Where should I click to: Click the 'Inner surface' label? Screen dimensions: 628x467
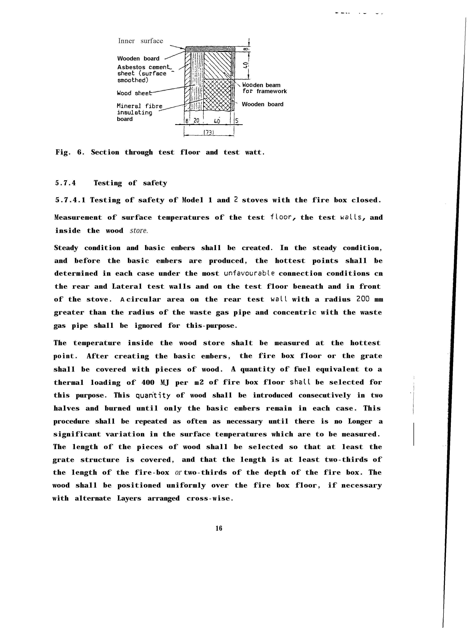click(141, 41)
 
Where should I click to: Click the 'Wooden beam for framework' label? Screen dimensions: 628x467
click(264, 88)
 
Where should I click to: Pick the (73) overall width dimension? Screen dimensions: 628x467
click(209, 132)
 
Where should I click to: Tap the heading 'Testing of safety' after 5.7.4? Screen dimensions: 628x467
click(130, 183)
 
